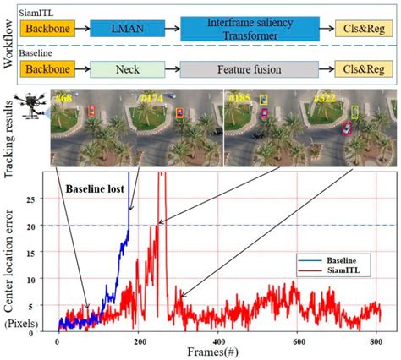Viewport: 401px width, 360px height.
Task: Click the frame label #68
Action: click(63, 99)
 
